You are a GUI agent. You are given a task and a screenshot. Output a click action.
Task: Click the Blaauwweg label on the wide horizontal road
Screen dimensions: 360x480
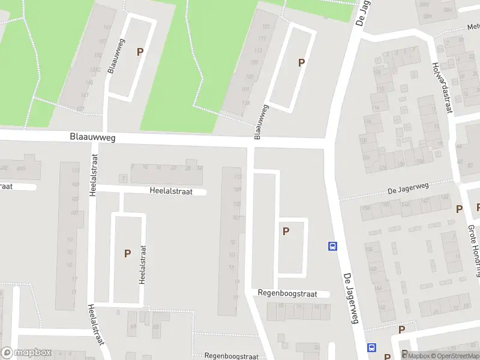tap(91, 137)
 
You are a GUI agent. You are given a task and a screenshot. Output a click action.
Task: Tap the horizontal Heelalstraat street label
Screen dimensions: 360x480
tap(171, 191)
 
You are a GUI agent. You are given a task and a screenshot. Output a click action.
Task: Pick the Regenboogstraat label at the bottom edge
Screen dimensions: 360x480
tap(231, 355)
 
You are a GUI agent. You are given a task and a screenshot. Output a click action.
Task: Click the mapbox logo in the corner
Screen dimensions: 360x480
tap(26, 353)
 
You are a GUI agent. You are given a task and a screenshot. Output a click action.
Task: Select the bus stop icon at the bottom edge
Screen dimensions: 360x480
tap(372, 347)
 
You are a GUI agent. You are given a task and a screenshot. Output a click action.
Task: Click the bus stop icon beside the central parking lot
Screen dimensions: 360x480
tap(332, 245)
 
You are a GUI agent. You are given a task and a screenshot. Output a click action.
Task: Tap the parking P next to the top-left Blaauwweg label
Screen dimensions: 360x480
tap(140, 52)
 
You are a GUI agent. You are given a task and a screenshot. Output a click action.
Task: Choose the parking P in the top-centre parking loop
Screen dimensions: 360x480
tap(301, 62)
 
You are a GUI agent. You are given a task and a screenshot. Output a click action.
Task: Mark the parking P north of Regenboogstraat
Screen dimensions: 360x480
tap(286, 231)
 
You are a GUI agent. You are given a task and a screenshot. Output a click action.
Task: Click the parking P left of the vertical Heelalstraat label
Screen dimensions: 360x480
tap(127, 253)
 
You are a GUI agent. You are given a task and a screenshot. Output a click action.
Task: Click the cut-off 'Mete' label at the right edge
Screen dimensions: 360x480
tap(473, 27)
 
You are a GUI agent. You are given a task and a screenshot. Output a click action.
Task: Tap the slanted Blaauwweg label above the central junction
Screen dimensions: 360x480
tap(260, 122)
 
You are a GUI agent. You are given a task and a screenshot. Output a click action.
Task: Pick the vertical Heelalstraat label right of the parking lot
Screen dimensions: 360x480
tap(143, 265)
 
